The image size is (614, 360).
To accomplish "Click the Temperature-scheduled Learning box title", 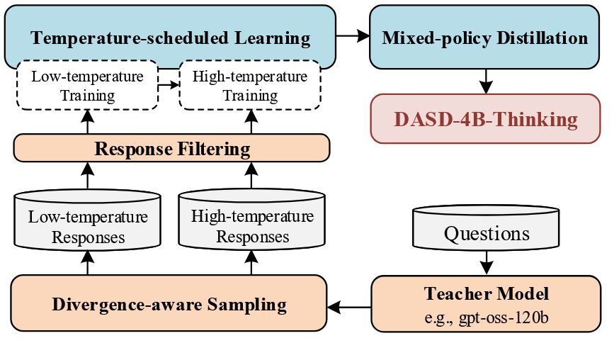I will tap(171, 38).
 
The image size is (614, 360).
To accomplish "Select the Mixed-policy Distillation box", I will tap(484, 38).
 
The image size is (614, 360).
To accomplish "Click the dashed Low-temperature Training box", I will tap(87, 85).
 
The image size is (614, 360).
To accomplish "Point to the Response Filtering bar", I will tap(172, 149).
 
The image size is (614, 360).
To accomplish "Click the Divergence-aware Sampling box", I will tap(169, 305).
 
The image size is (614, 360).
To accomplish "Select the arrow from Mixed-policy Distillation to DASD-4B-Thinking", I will tap(485, 81).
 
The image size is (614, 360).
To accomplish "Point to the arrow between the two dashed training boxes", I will tap(169, 85).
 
